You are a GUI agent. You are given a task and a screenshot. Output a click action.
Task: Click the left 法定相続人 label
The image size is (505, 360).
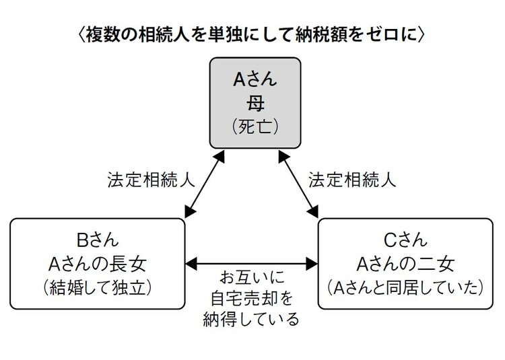[151, 181]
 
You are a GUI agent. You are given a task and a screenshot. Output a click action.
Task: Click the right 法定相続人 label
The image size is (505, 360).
[352, 181]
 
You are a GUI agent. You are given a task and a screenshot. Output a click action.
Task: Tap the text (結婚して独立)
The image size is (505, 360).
[98, 287]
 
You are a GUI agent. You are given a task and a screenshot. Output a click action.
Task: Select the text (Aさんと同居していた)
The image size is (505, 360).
[406, 287]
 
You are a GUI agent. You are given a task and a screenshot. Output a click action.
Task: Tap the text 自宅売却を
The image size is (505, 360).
[250, 297]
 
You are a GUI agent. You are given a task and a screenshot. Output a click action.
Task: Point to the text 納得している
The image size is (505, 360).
[250, 318]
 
